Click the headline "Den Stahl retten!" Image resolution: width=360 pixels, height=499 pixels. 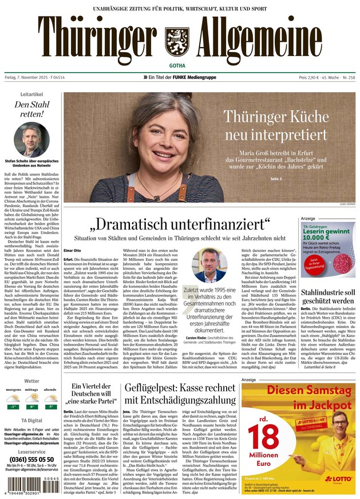pyautogui.click(x=29, y=109)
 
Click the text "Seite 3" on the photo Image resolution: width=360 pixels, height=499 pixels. pyautogui.click(x=276, y=179)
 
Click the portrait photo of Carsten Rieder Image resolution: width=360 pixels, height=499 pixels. pyautogui.click(x=211, y=265)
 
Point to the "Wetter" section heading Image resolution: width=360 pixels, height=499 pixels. pyautogui.click(x=32, y=381)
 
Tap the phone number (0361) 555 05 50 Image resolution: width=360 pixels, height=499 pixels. pyautogui.click(x=32, y=459)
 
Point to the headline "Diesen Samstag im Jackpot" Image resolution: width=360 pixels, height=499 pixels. pyautogui.click(x=298, y=397)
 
